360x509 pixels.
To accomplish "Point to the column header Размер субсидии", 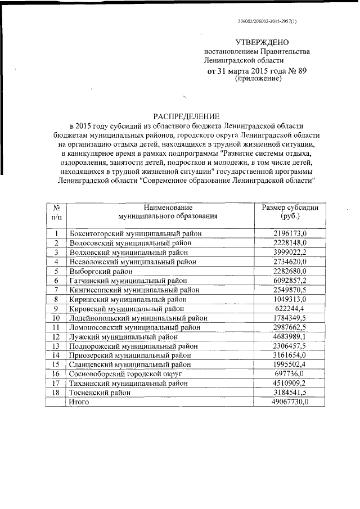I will (290, 208).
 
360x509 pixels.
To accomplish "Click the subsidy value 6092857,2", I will (290, 280).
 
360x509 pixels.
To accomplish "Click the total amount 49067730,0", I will (288, 402).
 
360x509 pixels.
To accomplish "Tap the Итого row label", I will (79, 402).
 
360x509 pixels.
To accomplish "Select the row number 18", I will (56, 393).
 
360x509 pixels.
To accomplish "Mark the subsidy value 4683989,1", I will (290, 336).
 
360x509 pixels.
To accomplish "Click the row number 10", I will (56, 318).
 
